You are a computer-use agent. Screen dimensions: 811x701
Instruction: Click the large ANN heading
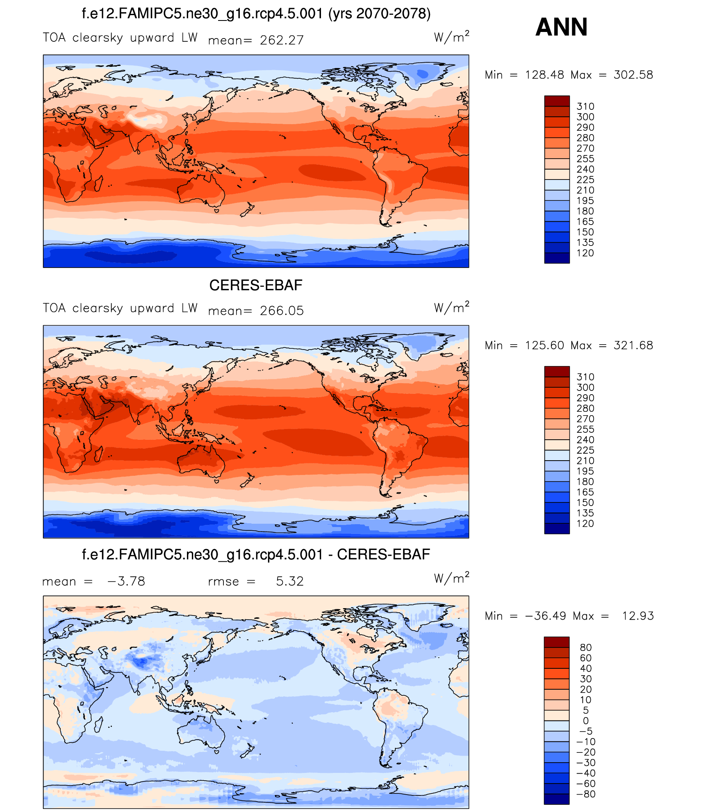pyautogui.click(x=561, y=27)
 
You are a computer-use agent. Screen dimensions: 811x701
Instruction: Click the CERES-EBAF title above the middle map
pyautogui.click(x=255, y=285)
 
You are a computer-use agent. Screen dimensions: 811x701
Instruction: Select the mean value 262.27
pyautogui.click(x=282, y=40)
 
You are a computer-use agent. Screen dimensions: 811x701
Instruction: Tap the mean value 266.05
pyautogui.click(x=282, y=311)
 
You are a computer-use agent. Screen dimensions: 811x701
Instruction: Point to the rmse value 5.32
pyautogui.click(x=289, y=581)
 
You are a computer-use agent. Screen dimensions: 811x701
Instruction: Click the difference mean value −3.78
pyautogui.click(x=126, y=581)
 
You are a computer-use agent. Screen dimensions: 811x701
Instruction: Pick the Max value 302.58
pyautogui.click(x=633, y=75)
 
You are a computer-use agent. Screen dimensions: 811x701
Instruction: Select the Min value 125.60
pyautogui.click(x=544, y=345)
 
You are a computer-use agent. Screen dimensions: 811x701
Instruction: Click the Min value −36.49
pyautogui.click(x=545, y=616)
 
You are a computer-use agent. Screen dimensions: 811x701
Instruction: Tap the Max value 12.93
pyautogui.click(x=637, y=616)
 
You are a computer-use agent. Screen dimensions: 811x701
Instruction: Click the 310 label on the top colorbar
pyautogui.click(x=585, y=107)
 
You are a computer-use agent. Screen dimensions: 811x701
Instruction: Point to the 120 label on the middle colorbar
pyautogui.click(x=585, y=524)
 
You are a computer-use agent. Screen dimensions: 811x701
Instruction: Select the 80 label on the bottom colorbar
pyautogui.click(x=585, y=647)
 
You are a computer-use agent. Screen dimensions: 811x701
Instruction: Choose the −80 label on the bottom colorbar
pyautogui.click(x=585, y=794)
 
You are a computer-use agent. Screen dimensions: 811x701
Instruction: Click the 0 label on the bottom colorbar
pyautogui.click(x=585, y=721)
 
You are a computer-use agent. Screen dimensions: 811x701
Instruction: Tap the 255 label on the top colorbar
pyautogui.click(x=585, y=159)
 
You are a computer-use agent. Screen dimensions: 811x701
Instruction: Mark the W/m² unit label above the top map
pyautogui.click(x=451, y=37)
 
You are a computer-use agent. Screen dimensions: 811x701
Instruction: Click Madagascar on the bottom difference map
pyautogui.click(x=98, y=725)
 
